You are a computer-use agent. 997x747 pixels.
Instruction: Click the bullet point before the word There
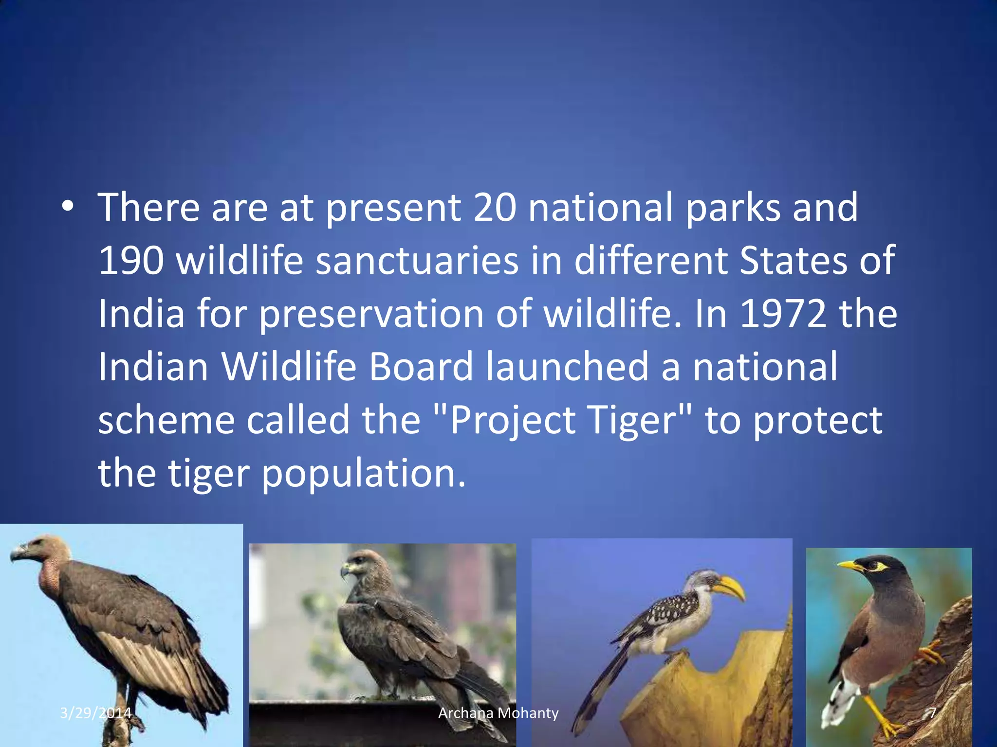click(x=68, y=207)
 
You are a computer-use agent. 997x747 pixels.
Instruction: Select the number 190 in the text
click(x=131, y=261)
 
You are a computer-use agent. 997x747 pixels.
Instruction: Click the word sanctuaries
click(x=417, y=261)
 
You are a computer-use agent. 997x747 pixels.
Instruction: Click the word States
click(x=794, y=261)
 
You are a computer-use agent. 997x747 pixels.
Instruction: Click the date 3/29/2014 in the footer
click(x=95, y=713)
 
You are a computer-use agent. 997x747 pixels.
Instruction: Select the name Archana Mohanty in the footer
click(x=498, y=713)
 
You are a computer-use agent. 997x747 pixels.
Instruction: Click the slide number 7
click(x=932, y=713)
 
